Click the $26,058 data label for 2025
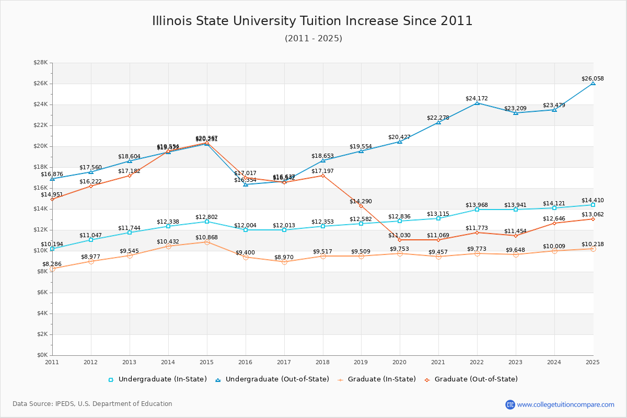click(x=593, y=79)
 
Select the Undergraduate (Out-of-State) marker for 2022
click(x=477, y=103)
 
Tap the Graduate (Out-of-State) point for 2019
click(x=361, y=206)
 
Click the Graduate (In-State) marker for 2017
click(x=284, y=262)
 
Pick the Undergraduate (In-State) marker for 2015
click(x=207, y=222)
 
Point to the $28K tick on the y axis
click(x=41, y=63)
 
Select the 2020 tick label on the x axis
click(x=400, y=362)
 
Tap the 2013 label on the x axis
click(x=130, y=362)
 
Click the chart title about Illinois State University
click(x=312, y=21)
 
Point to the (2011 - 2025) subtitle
click(x=313, y=39)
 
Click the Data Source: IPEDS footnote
click(x=92, y=404)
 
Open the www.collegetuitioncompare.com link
click(x=565, y=404)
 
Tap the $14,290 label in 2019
click(x=361, y=201)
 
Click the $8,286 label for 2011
click(x=52, y=264)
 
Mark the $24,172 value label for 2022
click(x=477, y=98)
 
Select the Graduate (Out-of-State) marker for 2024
click(x=554, y=223)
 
